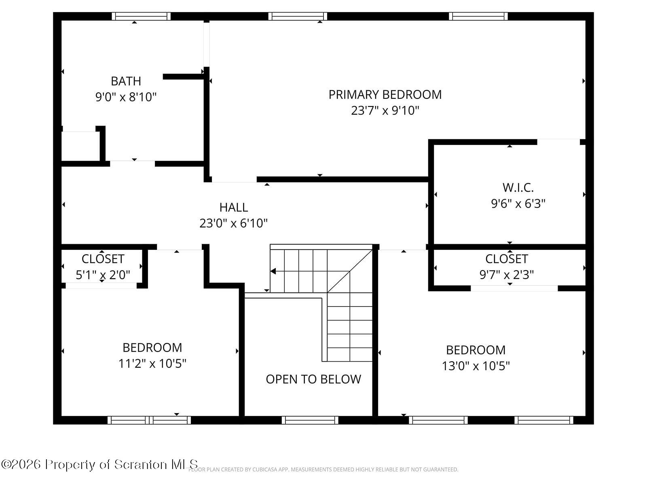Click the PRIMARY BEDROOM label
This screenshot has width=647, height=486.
[x=385, y=94]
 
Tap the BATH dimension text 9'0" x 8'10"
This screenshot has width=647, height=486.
[x=126, y=97]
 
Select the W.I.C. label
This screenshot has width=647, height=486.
[x=518, y=188]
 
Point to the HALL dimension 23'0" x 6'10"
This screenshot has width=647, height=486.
[x=233, y=223]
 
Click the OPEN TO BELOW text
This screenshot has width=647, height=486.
[x=313, y=379]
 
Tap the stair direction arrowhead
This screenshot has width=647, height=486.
[x=273, y=271]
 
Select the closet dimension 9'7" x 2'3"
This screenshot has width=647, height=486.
[x=506, y=275]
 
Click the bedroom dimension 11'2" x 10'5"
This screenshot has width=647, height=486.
[x=152, y=364]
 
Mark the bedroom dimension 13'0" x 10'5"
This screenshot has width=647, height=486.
[x=476, y=366]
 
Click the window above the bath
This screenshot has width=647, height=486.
[x=141, y=16]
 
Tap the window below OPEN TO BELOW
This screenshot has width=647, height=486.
[x=310, y=420]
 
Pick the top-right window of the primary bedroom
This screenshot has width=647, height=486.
[x=478, y=16]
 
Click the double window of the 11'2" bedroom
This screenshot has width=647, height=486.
[x=149, y=420]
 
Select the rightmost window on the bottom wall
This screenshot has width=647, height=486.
[x=544, y=420]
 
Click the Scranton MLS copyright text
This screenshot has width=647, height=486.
[x=99, y=464]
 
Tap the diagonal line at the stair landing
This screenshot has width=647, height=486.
[x=350, y=271]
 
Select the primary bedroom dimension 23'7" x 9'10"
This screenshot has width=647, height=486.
[x=385, y=111]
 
